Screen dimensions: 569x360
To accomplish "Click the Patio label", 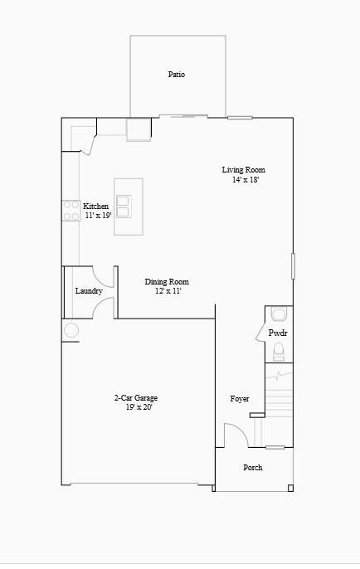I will (x=176, y=75).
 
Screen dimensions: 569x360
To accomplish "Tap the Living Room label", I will (x=243, y=170).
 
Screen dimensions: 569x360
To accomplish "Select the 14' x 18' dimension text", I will (x=246, y=180).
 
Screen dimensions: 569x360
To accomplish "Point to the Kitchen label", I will (x=95, y=207).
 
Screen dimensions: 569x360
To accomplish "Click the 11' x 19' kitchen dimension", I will (x=97, y=216).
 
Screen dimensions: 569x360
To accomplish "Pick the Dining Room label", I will (x=167, y=282).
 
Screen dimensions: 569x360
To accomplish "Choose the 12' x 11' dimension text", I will (x=168, y=291).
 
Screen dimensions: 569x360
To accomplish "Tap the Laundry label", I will (x=89, y=291).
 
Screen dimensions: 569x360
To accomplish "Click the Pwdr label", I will (x=277, y=333).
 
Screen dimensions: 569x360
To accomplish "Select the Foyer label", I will (x=239, y=399).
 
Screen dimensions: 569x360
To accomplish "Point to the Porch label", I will (x=252, y=468).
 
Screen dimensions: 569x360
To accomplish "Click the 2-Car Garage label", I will (x=136, y=398).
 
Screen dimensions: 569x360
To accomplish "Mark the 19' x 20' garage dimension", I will (x=139, y=407).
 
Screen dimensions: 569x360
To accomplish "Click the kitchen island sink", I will (x=124, y=206).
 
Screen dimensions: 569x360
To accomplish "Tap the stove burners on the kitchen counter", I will (x=71, y=211).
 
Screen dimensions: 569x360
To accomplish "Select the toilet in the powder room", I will (x=279, y=351).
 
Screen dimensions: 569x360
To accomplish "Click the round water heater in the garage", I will (x=71, y=330).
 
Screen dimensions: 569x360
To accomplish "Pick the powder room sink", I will (x=279, y=314).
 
